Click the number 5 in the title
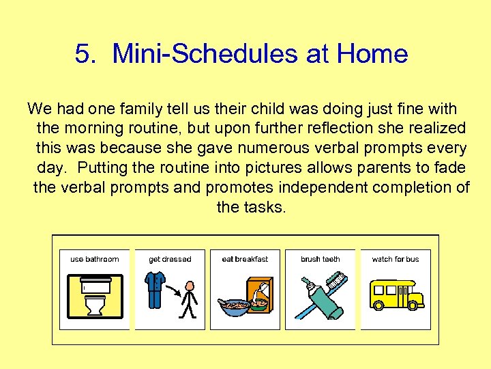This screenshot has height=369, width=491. coord(83,54)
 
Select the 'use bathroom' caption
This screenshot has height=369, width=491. coord(94,259)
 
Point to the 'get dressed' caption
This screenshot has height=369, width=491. coord(170,259)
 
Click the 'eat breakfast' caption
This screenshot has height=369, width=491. coord(245,259)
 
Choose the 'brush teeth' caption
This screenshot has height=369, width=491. coord(320,259)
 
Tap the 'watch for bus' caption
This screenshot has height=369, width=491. coord(396,259)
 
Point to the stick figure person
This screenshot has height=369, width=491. coord(189,301)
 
